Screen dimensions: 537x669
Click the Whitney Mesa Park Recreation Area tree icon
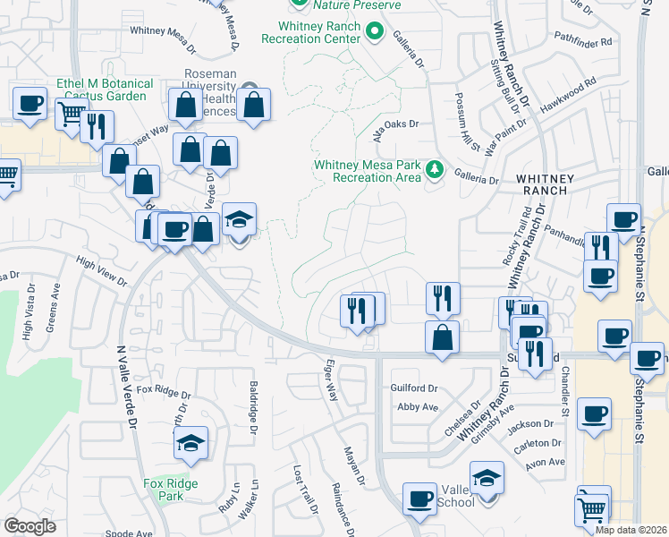pos(435,168)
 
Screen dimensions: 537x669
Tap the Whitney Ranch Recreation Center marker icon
pos(376,35)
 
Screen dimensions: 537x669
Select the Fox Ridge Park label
pos(170,490)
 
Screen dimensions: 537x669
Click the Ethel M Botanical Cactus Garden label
pos(105,89)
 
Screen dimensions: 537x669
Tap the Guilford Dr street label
pos(414,388)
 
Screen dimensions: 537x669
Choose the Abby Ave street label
pos(418,406)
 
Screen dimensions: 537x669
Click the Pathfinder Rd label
pos(582,41)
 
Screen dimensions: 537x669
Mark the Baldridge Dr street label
pos(254,408)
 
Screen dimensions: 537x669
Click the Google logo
pos(30,525)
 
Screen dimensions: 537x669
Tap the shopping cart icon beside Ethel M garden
pos(71,114)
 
